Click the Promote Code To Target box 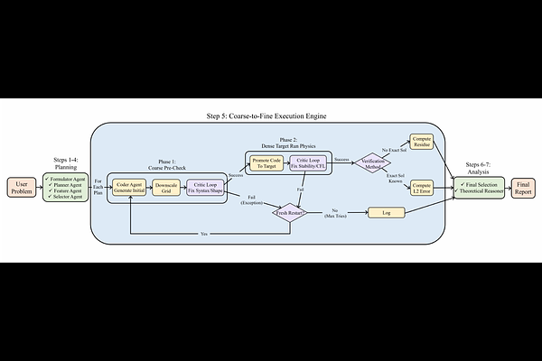265,163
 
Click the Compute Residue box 422,141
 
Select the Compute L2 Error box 422,186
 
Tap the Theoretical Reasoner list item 480,191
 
